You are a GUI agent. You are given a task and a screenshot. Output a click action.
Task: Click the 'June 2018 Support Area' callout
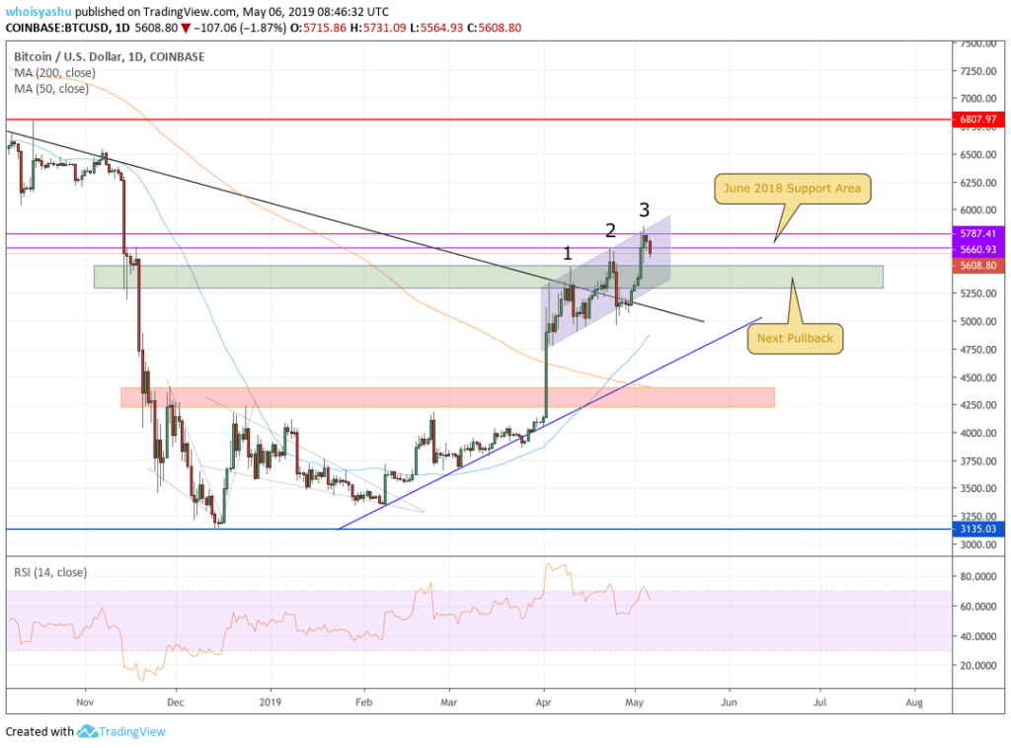coord(792,189)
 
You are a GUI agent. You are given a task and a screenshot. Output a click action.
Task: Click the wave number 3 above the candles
coord(644,209)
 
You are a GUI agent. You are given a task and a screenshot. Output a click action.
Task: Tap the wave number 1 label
coord(568,253)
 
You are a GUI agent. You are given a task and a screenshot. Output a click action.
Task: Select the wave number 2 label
coord(610,230)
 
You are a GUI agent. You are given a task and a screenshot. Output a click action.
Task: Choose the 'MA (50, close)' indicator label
coord(51,89)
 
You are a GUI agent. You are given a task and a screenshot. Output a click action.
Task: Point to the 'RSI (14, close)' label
coord(49,572)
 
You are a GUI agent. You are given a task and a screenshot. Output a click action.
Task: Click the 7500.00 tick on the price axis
coord(979,43)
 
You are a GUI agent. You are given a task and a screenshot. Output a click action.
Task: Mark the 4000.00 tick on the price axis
coord(979,433)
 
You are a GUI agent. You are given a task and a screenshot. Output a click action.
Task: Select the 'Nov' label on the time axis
coord(85,702)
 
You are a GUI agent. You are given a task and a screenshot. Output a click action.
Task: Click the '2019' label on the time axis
coord(270,702)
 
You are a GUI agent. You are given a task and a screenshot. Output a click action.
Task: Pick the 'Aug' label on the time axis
coord(914,702)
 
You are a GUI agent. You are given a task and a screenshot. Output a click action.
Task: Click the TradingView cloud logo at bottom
coord(87,732)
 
